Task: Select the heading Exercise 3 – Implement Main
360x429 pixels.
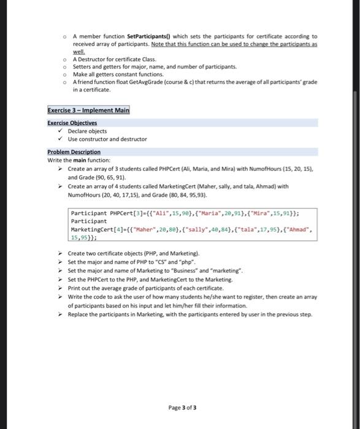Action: tap(88, 111)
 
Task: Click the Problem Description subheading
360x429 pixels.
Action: tap(74, 152)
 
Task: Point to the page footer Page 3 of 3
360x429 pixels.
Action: tap(182, 407)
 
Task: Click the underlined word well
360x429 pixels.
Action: tap(79, 52)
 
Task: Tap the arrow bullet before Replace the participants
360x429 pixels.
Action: tap(59, 314)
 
